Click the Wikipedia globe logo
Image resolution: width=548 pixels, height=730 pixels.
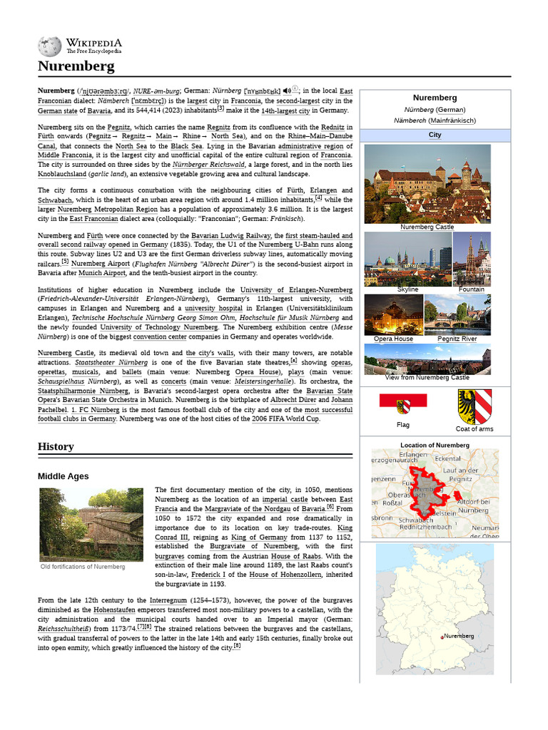click(49, 46)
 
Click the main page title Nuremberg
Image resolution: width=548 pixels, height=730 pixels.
click(76, 67)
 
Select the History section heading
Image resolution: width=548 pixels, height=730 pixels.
click(56, 446)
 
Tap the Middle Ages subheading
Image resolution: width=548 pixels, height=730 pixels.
click(64, 475)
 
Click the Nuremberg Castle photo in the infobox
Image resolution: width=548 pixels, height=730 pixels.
click(427, 183)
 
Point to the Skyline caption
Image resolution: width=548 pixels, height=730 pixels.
click(407, 289)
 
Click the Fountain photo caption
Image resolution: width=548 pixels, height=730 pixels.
click(471, 289)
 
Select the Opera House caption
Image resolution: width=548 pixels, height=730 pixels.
click(393, 339)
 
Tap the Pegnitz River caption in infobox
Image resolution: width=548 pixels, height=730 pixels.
click(457, 339)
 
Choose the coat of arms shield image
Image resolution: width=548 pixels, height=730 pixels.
click(475, 406)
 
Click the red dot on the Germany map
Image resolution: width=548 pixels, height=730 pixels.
click(442, 636)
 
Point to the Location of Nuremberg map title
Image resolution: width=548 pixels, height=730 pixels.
click(435, 445)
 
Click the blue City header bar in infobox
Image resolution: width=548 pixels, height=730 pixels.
click(435, 135)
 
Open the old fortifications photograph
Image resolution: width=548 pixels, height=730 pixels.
click(91, 524)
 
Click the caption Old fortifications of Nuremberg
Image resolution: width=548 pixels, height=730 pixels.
click(83, 567)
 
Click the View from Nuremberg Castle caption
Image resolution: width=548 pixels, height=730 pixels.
click(427, 377)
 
